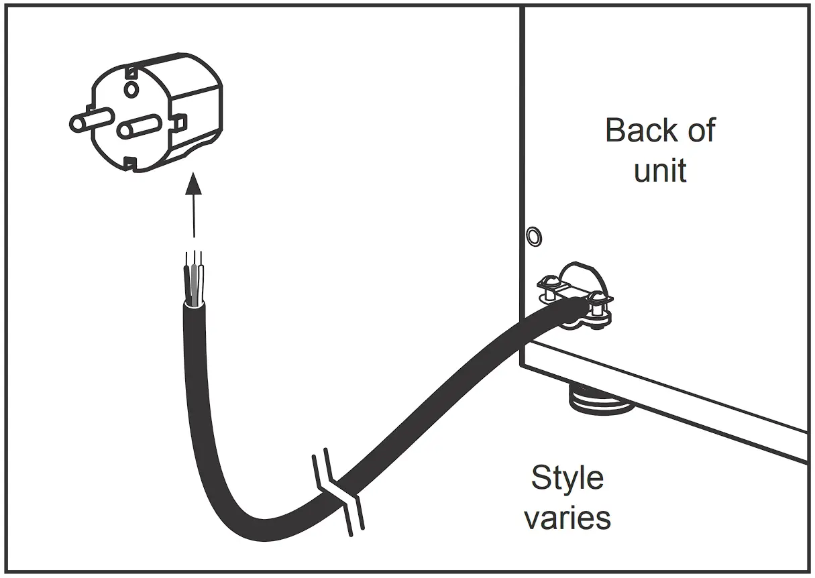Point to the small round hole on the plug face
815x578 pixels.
tap(131, 88)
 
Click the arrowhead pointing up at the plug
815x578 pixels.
tap(194, 182)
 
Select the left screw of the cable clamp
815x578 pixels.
tap(548, 287)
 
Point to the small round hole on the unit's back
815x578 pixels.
tap(533, 236)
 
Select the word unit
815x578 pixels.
tap(661, 170)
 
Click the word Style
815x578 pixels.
tap(567, 479)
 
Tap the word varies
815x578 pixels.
tap(567, 518)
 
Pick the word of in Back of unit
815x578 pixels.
tap(702, 131)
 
